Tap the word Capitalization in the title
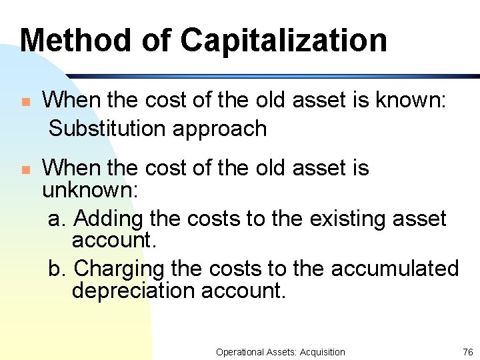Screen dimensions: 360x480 (284, 41)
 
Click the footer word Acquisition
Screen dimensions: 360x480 (323, 352)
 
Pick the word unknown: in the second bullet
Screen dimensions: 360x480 (90, 191)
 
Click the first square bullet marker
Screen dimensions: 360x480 (25, 103)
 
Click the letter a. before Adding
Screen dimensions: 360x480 (57, 219)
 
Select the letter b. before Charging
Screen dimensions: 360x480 (57, 269)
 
